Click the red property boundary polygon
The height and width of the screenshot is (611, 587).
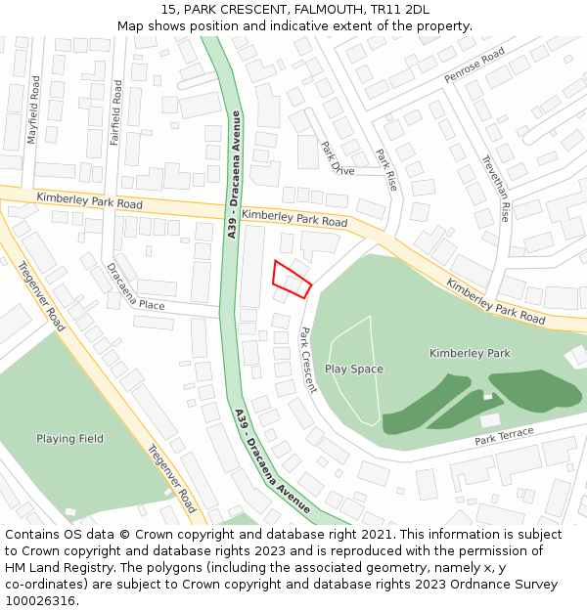tap(292, 280)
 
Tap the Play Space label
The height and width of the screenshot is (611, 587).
tap(354, 370)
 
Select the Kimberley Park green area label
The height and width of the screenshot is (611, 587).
tap(470, 353)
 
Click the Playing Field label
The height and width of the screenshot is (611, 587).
tap(69, 439)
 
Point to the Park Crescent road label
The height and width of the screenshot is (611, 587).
tap(308, 360)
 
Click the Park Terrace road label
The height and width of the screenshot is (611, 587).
tap(505, 436)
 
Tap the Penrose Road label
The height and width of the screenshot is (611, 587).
tap(474, 65)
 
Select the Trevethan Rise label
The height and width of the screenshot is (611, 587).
tap(496, 189)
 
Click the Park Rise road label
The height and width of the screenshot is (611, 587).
tap(386, 169)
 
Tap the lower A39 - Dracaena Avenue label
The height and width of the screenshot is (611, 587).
tap(272, 460)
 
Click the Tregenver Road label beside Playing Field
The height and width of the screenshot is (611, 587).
tap(171, 479)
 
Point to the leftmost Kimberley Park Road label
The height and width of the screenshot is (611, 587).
tap(90, 202)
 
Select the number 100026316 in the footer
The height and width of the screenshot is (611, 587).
tap(41, 601)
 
